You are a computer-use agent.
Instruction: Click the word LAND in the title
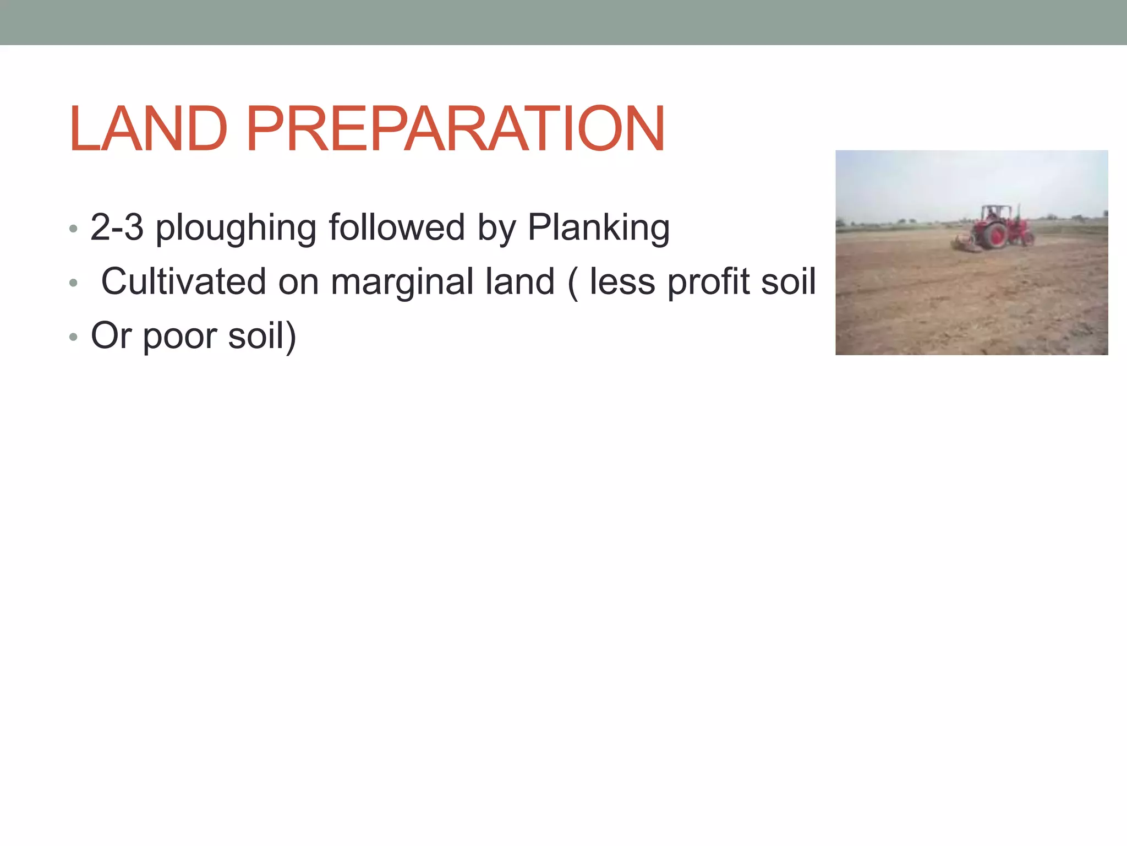147,129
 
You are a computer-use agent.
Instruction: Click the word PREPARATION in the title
456,129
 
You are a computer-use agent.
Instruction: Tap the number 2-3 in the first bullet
117,227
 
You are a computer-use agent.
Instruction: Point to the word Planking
598,227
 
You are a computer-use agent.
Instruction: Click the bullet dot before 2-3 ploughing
73,228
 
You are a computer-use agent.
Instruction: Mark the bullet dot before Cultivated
73,283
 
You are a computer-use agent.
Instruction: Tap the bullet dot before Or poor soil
73,337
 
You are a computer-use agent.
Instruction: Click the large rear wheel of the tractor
995,236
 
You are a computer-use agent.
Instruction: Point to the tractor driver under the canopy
991,214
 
